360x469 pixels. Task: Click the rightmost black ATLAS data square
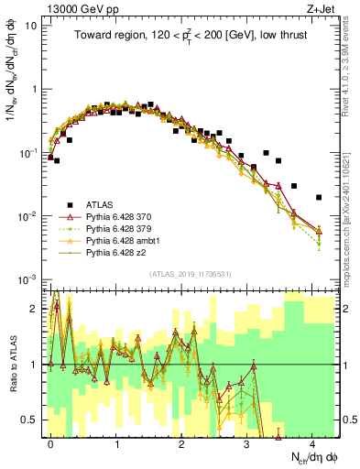[318, 197]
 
